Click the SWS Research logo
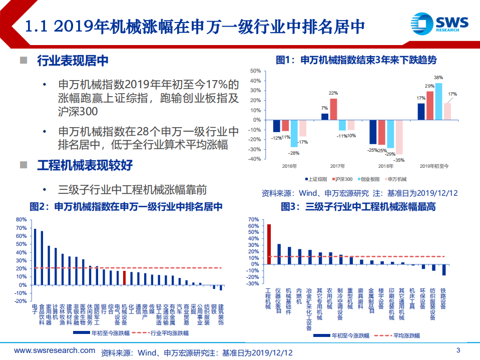439,23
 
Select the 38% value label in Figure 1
438,78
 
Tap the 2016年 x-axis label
289,166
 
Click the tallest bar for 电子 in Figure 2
35,257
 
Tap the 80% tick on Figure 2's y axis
21,219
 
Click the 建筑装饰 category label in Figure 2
221,313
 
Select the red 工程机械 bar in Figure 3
269,244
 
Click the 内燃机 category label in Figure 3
300,296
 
